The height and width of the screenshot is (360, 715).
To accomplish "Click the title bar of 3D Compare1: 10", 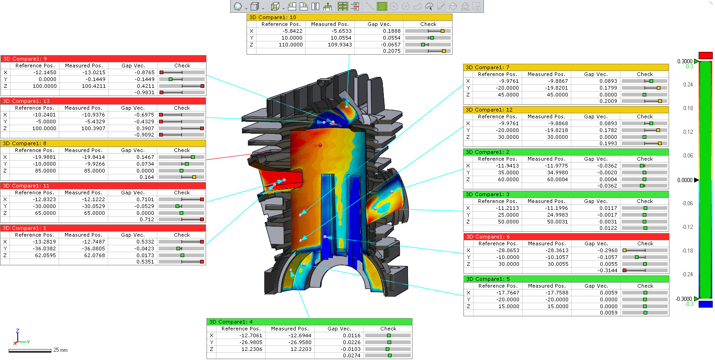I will [349, 17].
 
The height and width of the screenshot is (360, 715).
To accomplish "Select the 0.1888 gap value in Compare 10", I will [392, 31].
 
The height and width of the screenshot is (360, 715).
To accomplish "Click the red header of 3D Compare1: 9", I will [103, 59].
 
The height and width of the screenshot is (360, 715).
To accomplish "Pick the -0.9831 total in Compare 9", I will [145, 92].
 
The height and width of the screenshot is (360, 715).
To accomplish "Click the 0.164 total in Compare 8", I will [146, 177].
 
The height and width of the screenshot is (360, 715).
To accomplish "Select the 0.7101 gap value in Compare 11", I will [145, 199].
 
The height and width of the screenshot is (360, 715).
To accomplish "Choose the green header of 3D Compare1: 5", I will [566, 279].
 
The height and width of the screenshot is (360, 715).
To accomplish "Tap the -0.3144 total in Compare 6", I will [608, 270].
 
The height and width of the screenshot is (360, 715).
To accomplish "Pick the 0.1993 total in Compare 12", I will [608, 143].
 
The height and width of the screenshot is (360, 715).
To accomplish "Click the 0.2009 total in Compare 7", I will [608, 101].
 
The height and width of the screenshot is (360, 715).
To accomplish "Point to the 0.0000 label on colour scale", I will [685, 180].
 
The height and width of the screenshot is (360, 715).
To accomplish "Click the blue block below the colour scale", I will [705, 304].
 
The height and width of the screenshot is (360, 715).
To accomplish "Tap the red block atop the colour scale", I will [705, 56].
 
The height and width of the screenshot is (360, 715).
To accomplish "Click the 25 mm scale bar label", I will [60, 350].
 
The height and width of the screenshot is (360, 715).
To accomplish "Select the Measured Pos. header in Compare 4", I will [290, 329].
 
